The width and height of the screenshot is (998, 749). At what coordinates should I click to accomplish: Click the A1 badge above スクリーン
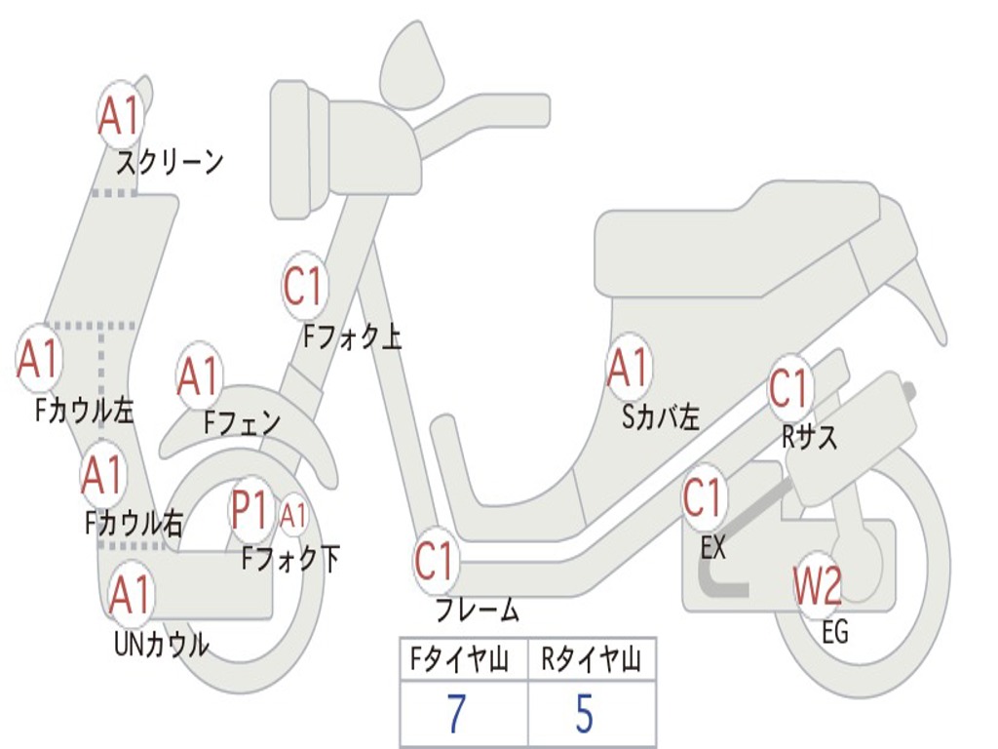(x=121, y=116)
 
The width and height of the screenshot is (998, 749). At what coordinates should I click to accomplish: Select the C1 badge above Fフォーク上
(x=303, y=287)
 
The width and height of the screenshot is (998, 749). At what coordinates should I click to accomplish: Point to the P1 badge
(x=249, y=508)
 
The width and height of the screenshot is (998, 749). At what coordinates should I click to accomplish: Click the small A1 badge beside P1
(x=293, y=515)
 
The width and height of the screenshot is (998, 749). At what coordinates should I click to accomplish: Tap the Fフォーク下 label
(x=290, y=559)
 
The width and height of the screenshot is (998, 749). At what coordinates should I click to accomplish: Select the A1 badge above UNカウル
(x=130, y=595)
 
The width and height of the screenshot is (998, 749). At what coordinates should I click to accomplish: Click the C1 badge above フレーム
(x=435, y=561)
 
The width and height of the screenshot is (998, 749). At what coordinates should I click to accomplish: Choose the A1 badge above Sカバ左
(x=628, y=369)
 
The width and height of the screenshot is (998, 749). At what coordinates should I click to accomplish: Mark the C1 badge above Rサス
(x=789, y=389)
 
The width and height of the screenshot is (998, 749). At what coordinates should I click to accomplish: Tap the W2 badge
(x=817, y=586)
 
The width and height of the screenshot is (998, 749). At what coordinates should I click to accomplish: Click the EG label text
(x=835, y=632)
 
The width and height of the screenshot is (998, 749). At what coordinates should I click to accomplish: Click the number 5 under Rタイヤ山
(x=584, y=715)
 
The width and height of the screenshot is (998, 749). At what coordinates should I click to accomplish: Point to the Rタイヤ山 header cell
(x=591, y=660)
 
